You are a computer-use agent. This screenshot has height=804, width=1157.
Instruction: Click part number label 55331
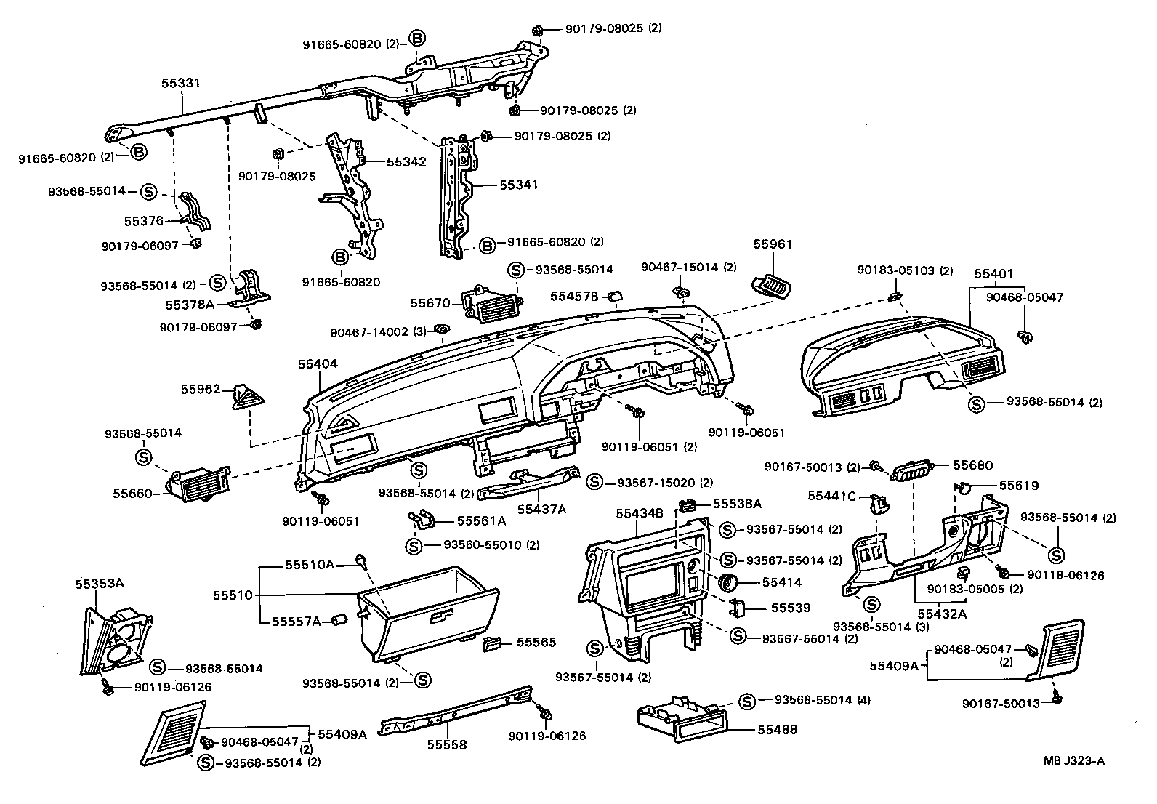(x=180, y=84)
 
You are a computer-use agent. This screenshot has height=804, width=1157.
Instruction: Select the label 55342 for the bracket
(x=406, y=161)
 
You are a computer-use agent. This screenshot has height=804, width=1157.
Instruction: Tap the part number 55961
(x=773, y=244)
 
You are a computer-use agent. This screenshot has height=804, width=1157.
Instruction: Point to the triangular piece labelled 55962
(x=245, y=398)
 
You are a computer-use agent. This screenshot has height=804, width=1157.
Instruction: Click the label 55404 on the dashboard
(x=317, y=363)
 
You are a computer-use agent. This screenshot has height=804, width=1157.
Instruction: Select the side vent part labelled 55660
(x=200, y=486)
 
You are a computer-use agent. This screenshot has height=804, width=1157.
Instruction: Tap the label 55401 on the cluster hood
(x=993, y=273)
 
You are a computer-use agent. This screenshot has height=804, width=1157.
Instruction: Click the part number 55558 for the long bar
(x=446, y=744)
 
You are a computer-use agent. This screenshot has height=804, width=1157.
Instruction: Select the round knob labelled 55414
(x=727, y=582)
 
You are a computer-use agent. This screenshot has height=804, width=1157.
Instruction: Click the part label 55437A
(x=541, y=509)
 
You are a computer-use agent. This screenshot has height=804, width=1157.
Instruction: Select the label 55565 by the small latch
(x=536, y=642)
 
